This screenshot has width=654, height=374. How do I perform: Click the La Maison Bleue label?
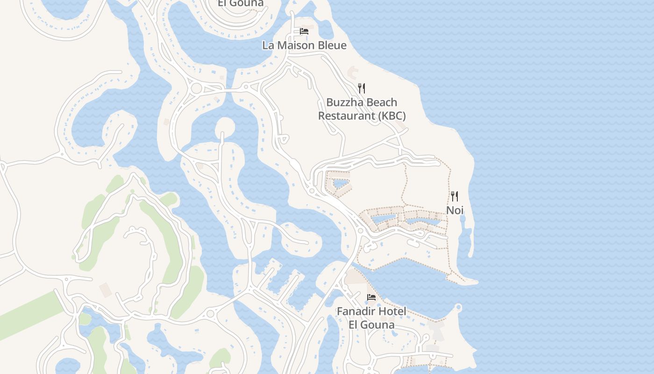point(304,45)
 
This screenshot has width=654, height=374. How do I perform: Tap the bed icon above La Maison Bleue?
point(304,31)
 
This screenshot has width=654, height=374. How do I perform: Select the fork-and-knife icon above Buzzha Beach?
point(361,88)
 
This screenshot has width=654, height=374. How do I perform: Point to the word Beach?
point(380,102)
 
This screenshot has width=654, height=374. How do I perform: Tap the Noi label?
point(455,210)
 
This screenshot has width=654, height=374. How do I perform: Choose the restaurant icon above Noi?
point(455,196)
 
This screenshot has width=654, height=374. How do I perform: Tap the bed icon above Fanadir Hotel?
point(371,297)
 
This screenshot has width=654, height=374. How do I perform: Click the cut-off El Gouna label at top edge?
point(240,3)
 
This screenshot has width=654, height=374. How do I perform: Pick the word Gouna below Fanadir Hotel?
point(378,324)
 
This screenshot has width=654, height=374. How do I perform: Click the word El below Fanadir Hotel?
point(354,324)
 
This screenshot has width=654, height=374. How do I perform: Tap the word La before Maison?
point(268,45)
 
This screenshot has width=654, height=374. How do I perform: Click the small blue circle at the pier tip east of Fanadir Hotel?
point(458,307)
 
